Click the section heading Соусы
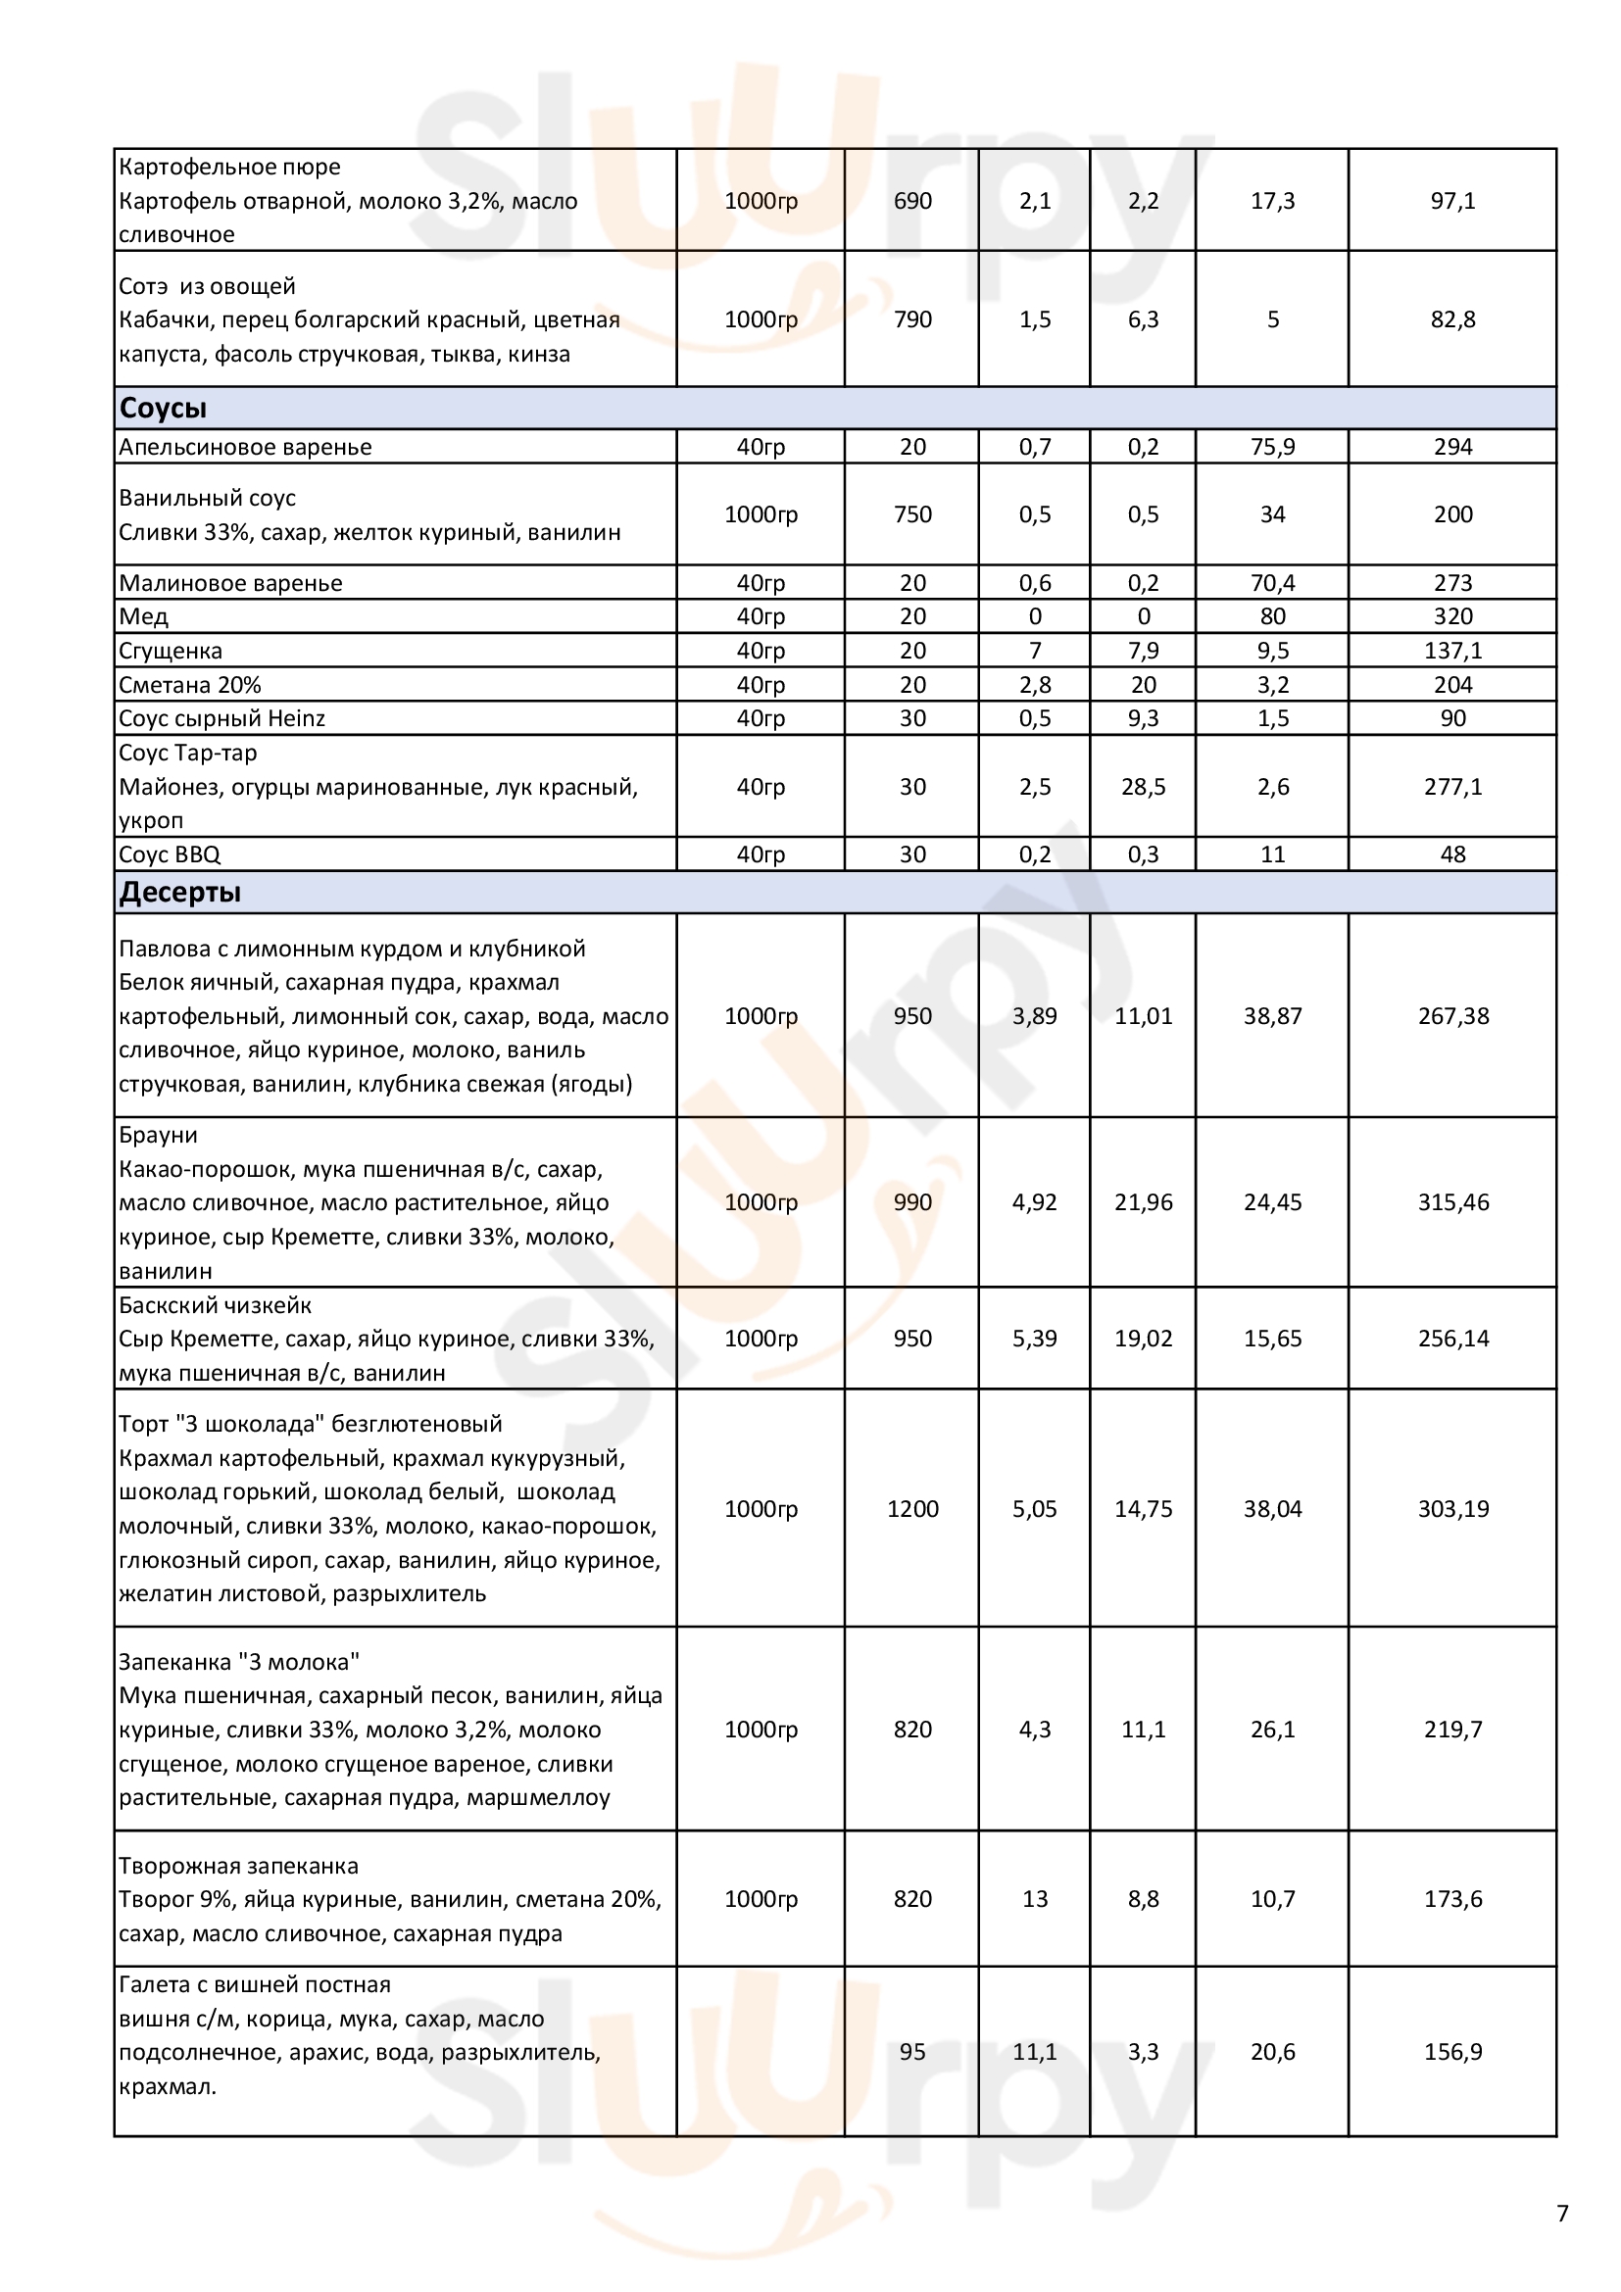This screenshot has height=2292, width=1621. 163,409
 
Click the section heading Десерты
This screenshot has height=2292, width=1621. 179,893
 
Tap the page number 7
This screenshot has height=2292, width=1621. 1562,2214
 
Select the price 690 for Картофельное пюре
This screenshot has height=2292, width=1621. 912,201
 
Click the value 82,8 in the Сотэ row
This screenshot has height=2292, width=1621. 1452,319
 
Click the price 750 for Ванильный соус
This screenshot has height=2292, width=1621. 912,514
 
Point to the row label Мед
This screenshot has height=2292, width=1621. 144,617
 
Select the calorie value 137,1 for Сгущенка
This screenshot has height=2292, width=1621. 1452,651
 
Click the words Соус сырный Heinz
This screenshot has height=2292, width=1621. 221,718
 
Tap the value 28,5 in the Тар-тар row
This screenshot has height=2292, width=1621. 1143,787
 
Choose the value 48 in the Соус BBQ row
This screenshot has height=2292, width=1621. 1452,854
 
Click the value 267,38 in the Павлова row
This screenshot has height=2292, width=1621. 1452,1016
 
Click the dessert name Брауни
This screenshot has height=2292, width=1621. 158,1135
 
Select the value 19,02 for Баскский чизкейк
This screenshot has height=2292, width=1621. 1143,1339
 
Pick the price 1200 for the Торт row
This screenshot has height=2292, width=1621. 912,1508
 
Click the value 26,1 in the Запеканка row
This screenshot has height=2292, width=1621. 1273,1729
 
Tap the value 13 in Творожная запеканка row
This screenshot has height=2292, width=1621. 1035,1899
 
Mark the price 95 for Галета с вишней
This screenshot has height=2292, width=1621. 912,2051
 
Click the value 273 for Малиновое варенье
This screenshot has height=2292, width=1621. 1452,583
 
